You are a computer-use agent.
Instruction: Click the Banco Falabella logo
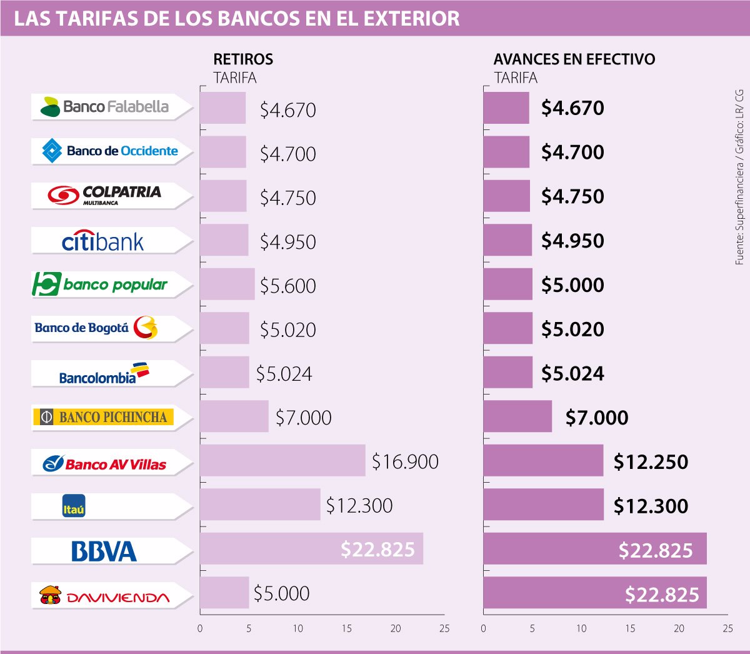click(104, 107)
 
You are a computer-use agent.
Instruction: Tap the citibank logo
click(103, 241)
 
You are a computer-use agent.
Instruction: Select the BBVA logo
click(104, 551)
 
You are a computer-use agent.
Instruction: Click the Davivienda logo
click(104, 596)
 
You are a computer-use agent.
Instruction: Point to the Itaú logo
click(74, 506)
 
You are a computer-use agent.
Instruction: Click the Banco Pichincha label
click(104, 417)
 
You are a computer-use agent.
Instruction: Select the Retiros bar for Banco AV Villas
click(282, 461)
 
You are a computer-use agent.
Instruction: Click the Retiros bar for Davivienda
click(224, 593)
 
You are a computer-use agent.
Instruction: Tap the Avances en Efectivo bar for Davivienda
click(594, 593)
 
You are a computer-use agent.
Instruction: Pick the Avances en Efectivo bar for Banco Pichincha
click(517, 416)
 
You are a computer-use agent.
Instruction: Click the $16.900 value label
click(405, 461)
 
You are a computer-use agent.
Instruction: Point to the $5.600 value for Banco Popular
click(288, 286)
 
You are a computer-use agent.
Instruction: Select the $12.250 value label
click(651, 462)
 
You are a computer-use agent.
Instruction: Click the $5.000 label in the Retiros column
click(281, 593)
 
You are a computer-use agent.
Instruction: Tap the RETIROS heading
click(243, 59)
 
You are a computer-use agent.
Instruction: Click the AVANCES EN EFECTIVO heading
click(574, 59)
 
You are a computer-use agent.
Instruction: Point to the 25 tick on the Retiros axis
click(444, 628)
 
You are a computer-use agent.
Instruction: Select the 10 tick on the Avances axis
click(581, 628)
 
